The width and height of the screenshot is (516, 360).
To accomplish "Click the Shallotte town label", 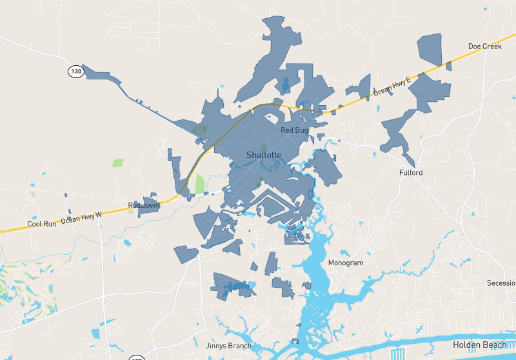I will coord(264,155).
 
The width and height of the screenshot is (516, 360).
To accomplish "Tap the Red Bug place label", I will coord(295,130).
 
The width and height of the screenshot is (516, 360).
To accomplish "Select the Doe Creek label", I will coord(484,46).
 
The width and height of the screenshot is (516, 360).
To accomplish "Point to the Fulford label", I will coord(411,173).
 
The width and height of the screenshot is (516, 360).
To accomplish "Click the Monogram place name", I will coord(346,263).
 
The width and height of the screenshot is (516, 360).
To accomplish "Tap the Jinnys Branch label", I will coord(228,346).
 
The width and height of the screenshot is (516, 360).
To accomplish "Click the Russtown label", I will coord(143,205).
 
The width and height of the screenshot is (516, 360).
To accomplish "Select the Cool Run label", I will coord(42,224).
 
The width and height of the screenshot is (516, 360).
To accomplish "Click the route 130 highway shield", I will coord(76,71).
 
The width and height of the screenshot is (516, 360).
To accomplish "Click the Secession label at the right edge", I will coord(502,283).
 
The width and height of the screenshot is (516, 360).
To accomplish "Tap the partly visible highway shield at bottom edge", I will coord(137,357).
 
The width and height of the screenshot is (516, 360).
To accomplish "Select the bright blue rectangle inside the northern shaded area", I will coord(285,85).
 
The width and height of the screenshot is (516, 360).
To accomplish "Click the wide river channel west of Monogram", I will coord(315,271).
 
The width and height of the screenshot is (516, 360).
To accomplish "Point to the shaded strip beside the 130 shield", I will coord(103,75).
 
